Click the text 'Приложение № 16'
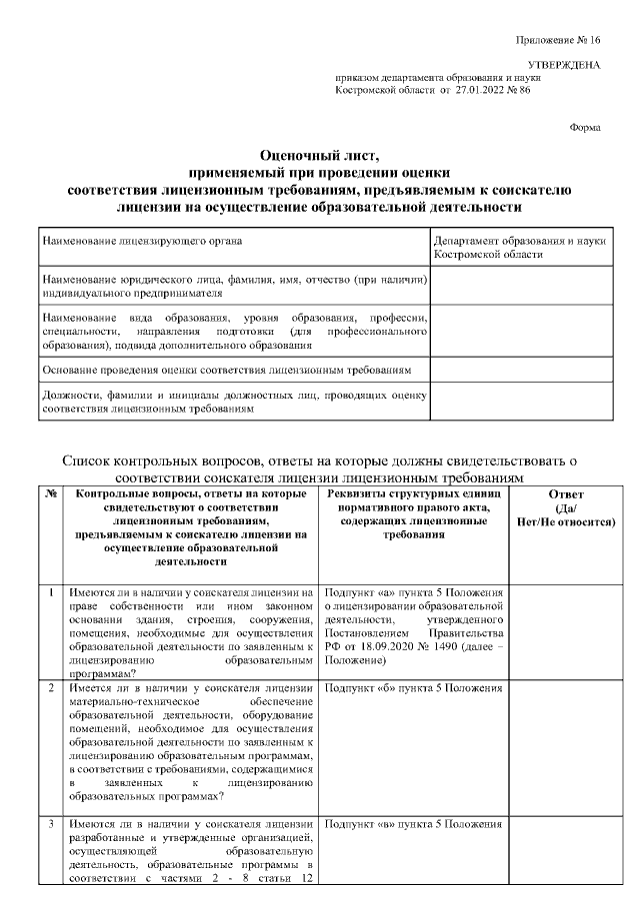point(558,40)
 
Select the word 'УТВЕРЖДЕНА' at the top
point(564,65)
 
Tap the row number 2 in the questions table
point(51,689)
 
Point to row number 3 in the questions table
point(51,824)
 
